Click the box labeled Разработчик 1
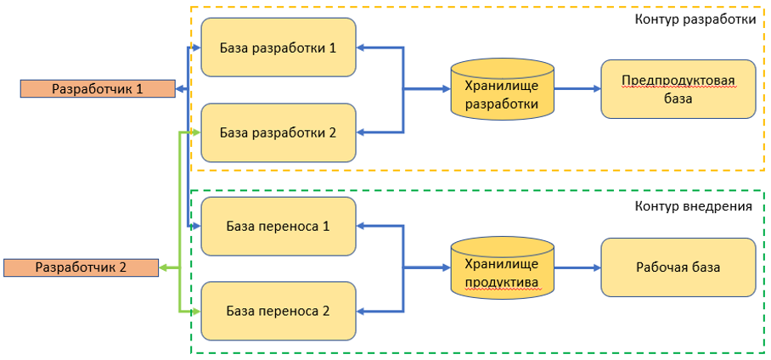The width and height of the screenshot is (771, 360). click(98, 89)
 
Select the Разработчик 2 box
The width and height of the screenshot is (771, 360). click(82, 268)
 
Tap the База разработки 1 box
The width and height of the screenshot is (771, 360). click(279, 48)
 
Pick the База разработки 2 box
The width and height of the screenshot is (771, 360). click(279, 132)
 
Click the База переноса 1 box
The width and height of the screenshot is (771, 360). click(279, 226)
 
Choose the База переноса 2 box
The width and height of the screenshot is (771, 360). click(279, 311)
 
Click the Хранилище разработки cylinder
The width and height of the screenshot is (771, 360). click(502, 89)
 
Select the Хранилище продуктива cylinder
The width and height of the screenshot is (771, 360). click(502, 268)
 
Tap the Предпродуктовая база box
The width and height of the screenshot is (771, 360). click(678, 89)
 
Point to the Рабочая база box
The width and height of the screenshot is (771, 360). click(678, 267)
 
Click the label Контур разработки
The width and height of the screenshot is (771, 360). click(695, 20)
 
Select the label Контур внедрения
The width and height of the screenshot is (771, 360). click(694, 205)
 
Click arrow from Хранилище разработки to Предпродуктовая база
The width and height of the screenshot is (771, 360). click(577, 89)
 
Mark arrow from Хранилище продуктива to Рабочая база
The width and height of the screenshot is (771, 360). click(577, 268)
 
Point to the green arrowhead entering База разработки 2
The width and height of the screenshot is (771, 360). click(197, 132)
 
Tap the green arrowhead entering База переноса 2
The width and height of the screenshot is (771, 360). click(197, 311)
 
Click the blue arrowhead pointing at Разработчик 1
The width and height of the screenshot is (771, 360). click(179, 89)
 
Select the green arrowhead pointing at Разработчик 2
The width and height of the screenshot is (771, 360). click(163, 268)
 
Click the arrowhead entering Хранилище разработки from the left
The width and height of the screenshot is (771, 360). click(447, 89)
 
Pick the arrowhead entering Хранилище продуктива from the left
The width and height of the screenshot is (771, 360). click(447, 268)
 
